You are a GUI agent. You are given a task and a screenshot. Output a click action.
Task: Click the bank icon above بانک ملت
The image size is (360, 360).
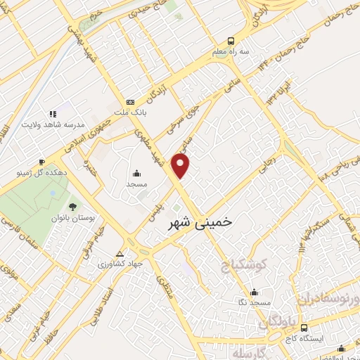tap(129, 103)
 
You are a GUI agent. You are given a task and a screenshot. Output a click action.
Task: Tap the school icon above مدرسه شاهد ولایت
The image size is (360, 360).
tap(51, 113)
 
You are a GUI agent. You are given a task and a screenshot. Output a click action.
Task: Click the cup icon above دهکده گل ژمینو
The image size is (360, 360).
tap(42, 161)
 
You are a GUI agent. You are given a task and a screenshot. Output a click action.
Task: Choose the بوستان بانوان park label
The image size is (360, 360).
tap(72, 218)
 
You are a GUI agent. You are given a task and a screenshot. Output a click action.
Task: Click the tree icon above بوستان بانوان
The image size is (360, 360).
tap(72, 207)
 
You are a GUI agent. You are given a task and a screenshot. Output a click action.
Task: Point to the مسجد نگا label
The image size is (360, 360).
tap(255, 302)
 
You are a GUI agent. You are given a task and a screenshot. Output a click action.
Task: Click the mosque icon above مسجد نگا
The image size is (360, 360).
tap(255, 292)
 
